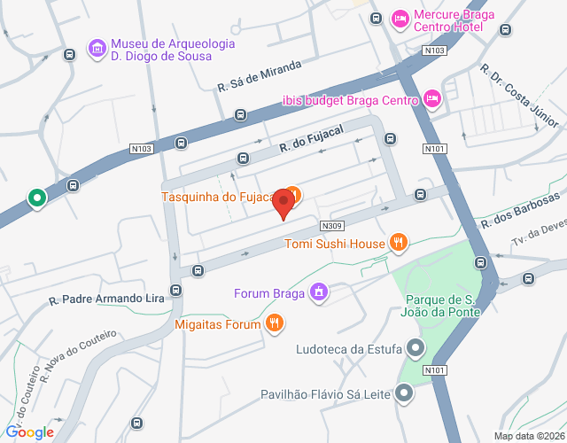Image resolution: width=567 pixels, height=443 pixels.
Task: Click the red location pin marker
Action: [283, 203]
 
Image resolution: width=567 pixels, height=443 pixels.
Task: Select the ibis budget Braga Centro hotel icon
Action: [431, 98]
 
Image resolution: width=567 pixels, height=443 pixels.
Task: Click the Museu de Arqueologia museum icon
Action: [97, 47]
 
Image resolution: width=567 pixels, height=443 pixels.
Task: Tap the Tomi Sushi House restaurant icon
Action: [399, 242]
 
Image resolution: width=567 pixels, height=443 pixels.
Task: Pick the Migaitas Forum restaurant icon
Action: [276, 324]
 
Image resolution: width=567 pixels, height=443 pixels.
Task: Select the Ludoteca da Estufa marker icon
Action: [414, 348]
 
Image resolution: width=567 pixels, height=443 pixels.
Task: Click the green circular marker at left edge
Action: [36, 198]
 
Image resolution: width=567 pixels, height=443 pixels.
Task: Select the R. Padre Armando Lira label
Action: [107, 299]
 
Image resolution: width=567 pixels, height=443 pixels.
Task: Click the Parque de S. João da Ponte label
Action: [442, 305]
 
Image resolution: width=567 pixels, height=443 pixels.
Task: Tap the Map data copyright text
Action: [528, 436]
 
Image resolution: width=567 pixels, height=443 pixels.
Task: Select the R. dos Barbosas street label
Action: [521, 210]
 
